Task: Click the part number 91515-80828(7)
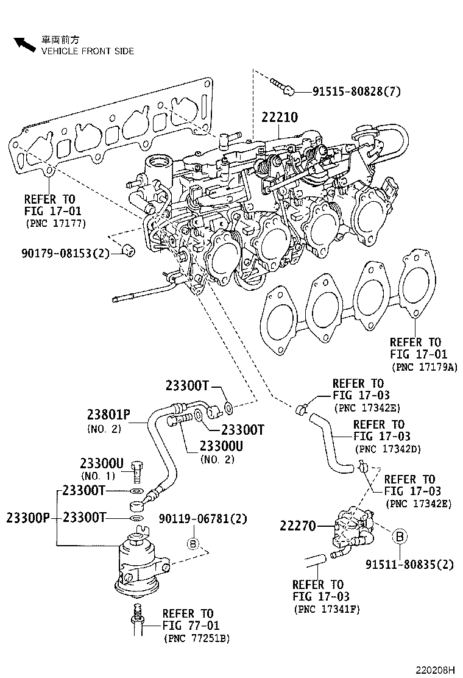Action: pyautogui.click(x=356, y=92)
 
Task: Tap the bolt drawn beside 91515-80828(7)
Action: pyautogui.click(x=281, y=87)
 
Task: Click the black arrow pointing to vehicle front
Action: pyautogui.click(x=25, y=45)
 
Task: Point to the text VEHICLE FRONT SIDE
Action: pyautogui.click(x=87, y=51)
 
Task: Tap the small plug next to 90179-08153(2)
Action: pyautogui.click(x=127, y=250)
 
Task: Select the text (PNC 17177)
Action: pyautogui.click(x=55, y=223)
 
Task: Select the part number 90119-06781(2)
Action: pyautogui.click(x=203, y=519)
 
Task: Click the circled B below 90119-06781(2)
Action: pyautogui.click(x=192, y=543)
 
